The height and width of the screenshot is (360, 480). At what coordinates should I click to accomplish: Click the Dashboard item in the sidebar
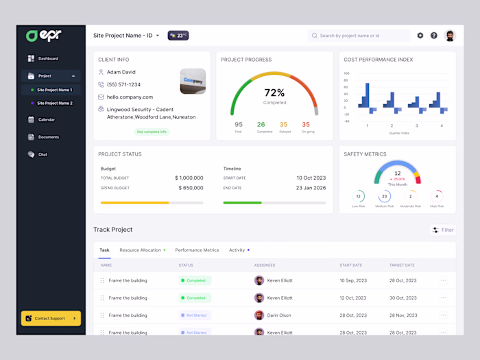pos(48,58)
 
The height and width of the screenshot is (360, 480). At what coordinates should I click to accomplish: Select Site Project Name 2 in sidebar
pos(54,103)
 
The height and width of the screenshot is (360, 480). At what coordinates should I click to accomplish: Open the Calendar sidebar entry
pos(46,119)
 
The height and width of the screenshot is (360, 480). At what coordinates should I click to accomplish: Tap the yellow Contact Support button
pos(51,318)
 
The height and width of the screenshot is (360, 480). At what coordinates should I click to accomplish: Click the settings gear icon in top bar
pos(420,36)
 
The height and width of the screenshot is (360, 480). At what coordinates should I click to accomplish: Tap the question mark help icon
pos(434,36)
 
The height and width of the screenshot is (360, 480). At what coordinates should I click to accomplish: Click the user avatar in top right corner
pos(450,36)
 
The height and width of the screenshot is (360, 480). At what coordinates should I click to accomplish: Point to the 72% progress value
pos(274,93)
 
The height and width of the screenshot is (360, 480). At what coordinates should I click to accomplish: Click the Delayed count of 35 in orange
pos(283,125)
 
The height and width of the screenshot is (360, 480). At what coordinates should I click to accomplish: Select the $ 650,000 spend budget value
pos(191,188)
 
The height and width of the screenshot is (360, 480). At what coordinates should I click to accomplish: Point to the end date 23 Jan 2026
pos(311,188)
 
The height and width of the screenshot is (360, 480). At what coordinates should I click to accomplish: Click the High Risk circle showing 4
pos(437,196)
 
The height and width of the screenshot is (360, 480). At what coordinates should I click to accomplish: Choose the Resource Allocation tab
pos(141,250)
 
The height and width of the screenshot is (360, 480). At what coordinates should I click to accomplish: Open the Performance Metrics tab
pos(197,250)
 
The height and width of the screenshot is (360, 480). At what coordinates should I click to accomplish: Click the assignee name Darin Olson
pos(279,315)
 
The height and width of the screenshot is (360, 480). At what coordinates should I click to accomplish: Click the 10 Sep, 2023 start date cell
pos(353,280)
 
